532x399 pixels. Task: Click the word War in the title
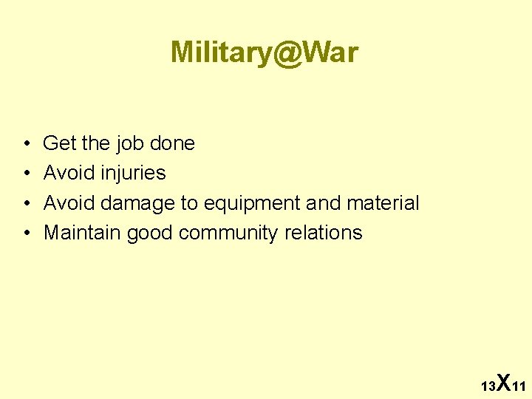tap(332, 52)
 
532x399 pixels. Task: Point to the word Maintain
tap(82, 233)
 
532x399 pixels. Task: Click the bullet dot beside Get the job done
tap(26, 144)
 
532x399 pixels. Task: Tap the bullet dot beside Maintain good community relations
tap(26, 233)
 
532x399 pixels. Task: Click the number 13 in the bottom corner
tap(488, 386)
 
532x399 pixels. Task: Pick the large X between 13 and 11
tap(502, 383)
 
